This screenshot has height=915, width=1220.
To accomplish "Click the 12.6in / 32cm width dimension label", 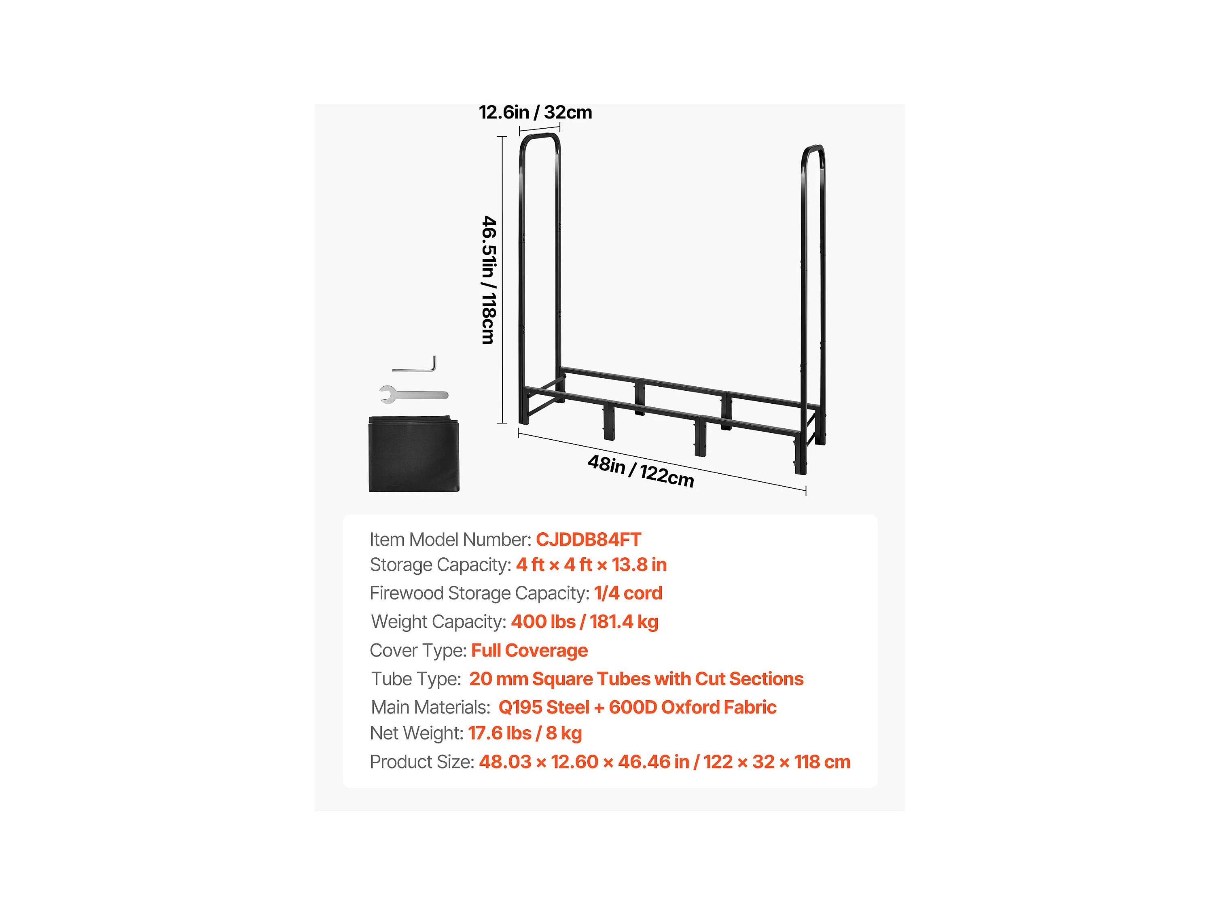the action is pos(535,112).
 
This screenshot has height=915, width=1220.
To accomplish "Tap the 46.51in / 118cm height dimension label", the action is pos(489,280).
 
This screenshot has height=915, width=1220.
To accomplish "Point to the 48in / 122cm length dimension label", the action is pos(640,471).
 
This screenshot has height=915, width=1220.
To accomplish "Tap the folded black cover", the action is pos(414,453).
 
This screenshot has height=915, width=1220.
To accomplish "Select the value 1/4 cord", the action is pos(628,593).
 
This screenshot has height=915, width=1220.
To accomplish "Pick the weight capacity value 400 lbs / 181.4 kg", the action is pos(584,622).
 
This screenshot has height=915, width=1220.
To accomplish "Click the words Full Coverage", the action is pos(529,650).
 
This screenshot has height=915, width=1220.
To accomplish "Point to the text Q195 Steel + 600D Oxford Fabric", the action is pos(637,707).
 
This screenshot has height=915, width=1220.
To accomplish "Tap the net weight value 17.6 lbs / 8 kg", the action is pos(525,733).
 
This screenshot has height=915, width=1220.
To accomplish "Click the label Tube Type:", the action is pos(416,679).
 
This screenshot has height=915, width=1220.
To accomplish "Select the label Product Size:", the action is pos(422,762).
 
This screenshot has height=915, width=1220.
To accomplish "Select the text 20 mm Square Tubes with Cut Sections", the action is pos(636,679).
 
